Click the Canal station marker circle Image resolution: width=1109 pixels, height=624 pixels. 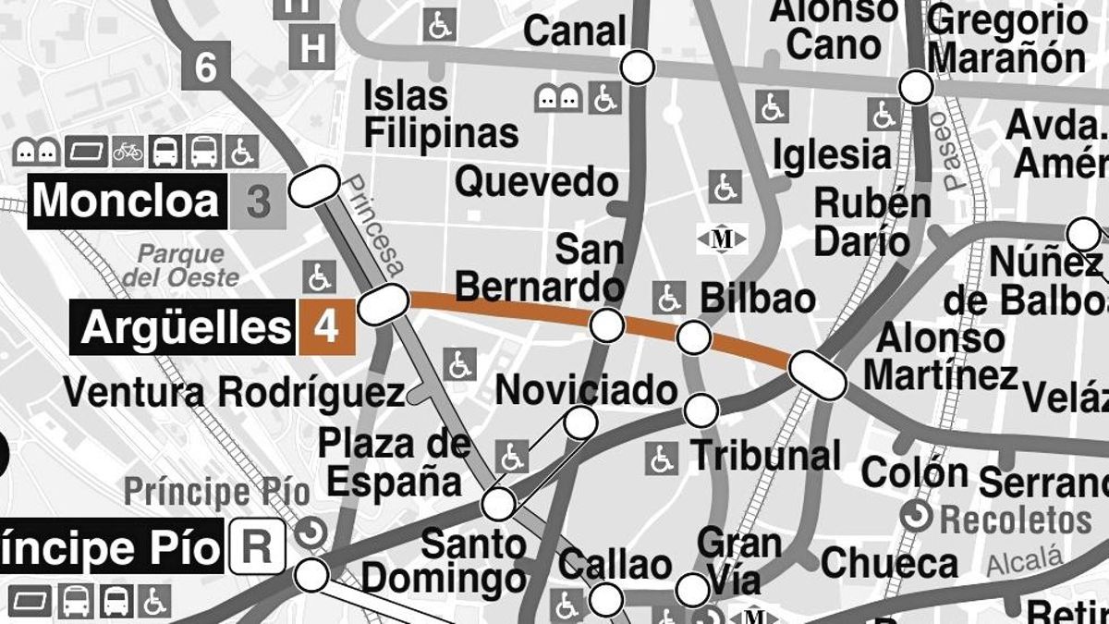[x=638, y=67]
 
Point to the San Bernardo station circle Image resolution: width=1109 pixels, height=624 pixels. [x=607, y=325]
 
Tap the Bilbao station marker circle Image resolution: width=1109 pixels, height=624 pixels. [x=693, y=338]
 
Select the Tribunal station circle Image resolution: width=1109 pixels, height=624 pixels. [x=701, y=410]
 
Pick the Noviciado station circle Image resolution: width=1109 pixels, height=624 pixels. [x=580, y=422]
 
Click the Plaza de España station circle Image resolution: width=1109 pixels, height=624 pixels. [x=499, y=504]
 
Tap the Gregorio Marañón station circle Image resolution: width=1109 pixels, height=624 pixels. [x=916, y=88]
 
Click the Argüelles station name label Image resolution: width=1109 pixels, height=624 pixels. [x=184, y=328]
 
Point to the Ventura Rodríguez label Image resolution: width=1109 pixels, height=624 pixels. [x=233, y=393]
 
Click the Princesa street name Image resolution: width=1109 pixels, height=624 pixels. [x=375, y=226]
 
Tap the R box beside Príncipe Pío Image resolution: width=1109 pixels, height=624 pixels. [x=257, y=549]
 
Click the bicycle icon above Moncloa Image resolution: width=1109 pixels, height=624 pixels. [x=128, y=151]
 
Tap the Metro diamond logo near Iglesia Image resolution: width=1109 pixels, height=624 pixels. [x=722, y=239]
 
